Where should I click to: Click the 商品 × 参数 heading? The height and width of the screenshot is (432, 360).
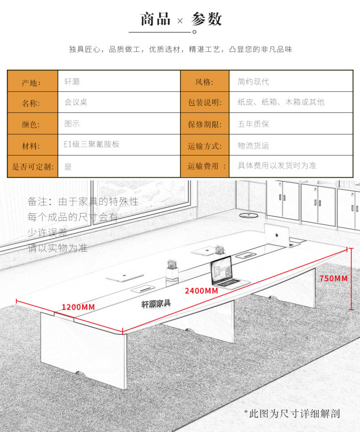coord(181,19)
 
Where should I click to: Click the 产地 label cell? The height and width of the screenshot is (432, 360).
coord(32,82)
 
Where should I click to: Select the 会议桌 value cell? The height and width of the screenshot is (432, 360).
coord(118,102)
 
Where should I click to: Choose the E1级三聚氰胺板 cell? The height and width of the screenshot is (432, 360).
coord(118,145)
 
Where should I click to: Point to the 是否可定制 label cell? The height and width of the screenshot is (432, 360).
coord(32,166)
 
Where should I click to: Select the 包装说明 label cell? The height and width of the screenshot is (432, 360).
coord(205,103)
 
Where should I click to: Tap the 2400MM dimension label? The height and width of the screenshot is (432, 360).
coord(201,291)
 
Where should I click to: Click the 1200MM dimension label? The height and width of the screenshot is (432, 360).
coord(78,307)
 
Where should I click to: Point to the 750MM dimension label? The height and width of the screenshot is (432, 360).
coord(334,279)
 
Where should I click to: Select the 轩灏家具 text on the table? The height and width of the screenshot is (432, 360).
coord(156,303)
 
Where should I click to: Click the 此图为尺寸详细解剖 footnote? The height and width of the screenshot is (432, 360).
coord(292,414)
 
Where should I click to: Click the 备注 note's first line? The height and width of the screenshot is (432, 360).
coord(83,201)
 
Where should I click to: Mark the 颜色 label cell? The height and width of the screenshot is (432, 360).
coord(32,124)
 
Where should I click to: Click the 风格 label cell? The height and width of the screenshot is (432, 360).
coord(205,82)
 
